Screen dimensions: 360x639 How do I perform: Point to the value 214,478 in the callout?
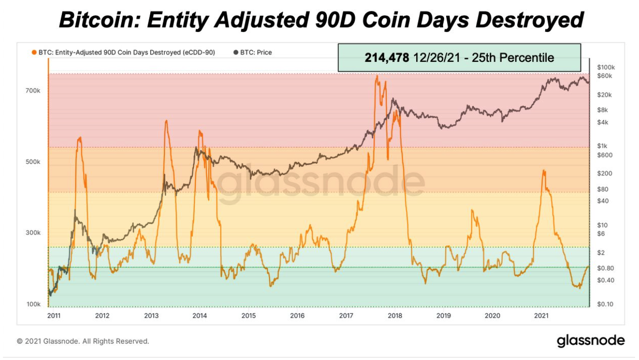(x=387, y=58)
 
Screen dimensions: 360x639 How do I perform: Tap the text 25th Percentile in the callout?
(x=513, y=58)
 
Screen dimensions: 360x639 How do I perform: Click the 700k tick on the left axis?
(x=33, y=91)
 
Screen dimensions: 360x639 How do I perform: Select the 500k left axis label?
(x=33, y=162)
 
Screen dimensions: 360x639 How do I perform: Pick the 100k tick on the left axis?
(x=33, y=304)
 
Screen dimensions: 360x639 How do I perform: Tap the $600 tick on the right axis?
(x=605, y=155)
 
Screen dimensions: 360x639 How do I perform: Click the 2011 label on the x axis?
(x=54, y=316)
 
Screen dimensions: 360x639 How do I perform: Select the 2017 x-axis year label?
(x=346, y=316)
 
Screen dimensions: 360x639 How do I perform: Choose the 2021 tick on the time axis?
(x=541, y=316)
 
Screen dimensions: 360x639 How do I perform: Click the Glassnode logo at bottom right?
(x=590, y=340)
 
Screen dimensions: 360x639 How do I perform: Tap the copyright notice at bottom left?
(x=83, y=341)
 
